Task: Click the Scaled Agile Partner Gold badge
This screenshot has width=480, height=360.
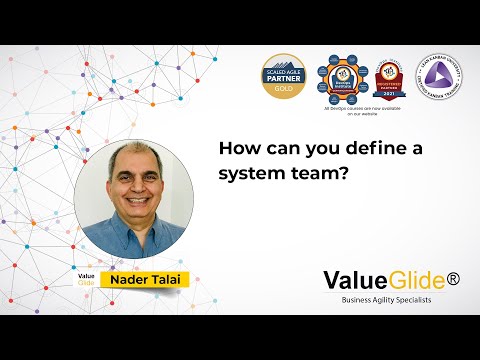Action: point(285,75)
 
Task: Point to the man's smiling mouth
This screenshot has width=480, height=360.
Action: point(133,208)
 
